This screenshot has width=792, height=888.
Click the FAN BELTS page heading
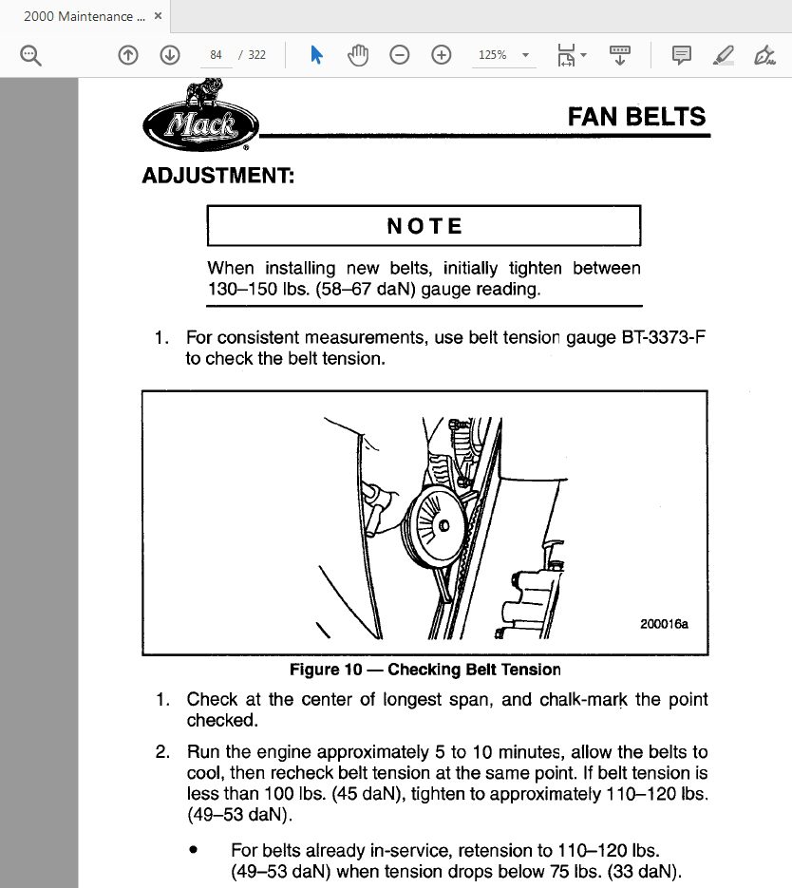coord(636,117)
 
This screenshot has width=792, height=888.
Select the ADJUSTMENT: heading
coord(217,176)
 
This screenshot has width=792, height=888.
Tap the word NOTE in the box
coord(424,226)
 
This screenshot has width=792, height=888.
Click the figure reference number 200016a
coord(665,624)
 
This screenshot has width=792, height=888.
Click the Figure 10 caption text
coord(424,670)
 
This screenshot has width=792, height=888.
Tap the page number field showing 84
coord(216,55)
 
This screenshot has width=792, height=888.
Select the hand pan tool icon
coord(358,55)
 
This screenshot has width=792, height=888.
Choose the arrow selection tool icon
coord(317,55)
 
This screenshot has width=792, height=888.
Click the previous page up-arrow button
coord(128,55)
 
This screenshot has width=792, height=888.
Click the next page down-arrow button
coord(170,55)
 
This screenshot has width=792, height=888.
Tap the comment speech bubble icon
coord(681,55)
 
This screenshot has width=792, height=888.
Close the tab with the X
coord(158,17)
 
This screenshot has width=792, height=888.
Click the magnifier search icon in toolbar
coord(31,56)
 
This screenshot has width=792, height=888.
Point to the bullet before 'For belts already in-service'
coord(194,849)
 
